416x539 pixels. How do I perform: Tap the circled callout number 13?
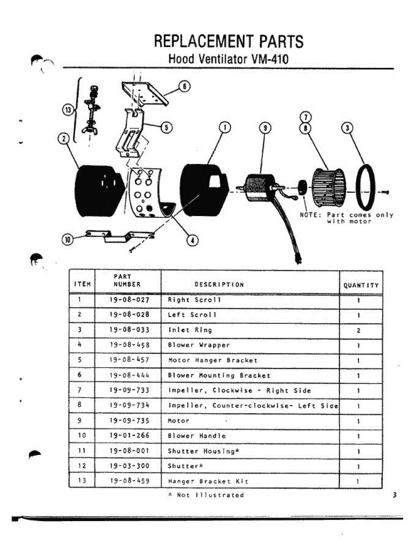(x=68, y=110)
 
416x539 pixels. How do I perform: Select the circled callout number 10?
(x=68, y=239)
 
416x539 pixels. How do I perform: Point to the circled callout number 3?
(x=347, y=128)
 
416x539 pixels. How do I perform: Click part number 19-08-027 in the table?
(x=129, y=300)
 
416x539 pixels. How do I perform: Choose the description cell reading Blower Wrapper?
(x=198, y=345)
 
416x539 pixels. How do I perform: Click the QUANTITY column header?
(x=361, y=285)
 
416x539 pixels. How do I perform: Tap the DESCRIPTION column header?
(x=219, y=284)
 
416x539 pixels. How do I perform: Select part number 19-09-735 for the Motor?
(x=129, y=421)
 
